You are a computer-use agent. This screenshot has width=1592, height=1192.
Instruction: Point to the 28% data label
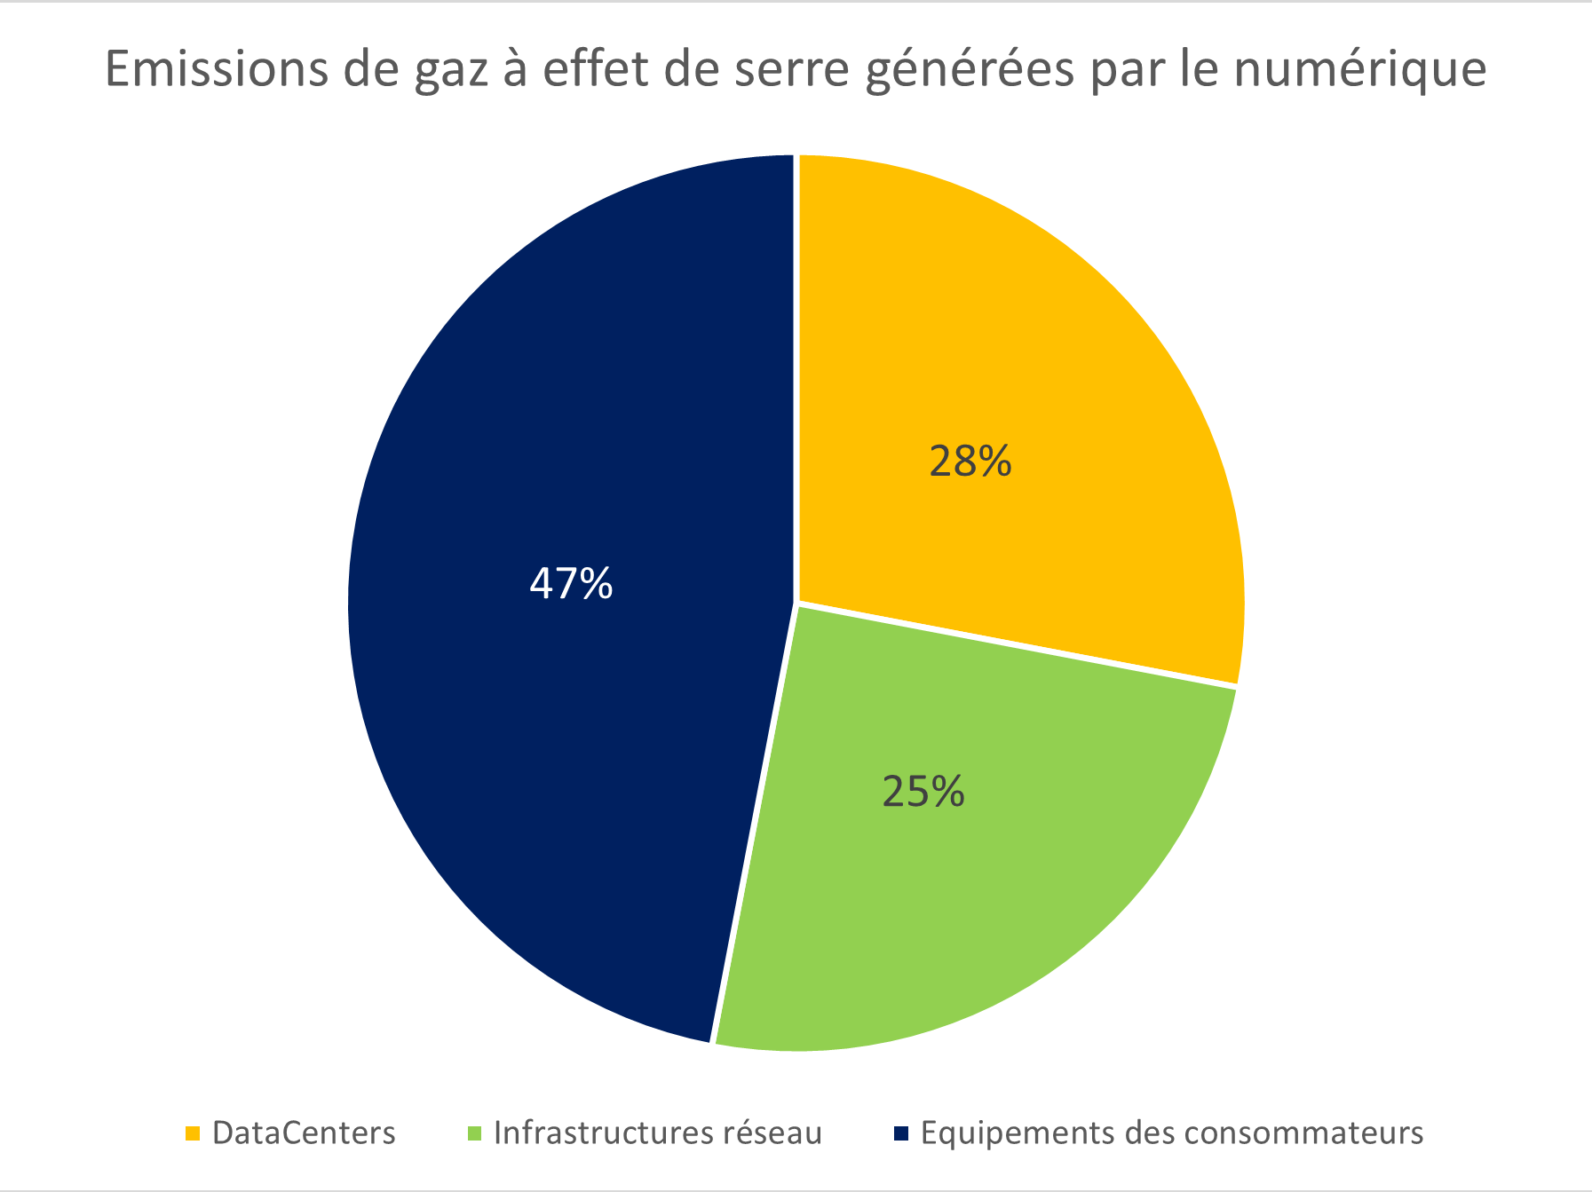point(970,462)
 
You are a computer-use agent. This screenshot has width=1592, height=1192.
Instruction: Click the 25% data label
point(923,792)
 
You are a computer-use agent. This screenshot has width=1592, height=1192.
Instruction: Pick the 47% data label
point(571,584)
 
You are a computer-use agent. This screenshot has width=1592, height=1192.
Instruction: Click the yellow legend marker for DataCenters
point(193,1133)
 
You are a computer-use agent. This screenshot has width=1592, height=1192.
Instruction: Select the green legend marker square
point(474,1133)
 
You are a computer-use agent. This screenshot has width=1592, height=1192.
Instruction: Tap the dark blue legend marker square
point(901,1133)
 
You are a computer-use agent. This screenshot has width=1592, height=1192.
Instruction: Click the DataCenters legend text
point(304,1133)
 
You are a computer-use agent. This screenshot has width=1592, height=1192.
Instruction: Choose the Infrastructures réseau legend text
point(658,1133)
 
